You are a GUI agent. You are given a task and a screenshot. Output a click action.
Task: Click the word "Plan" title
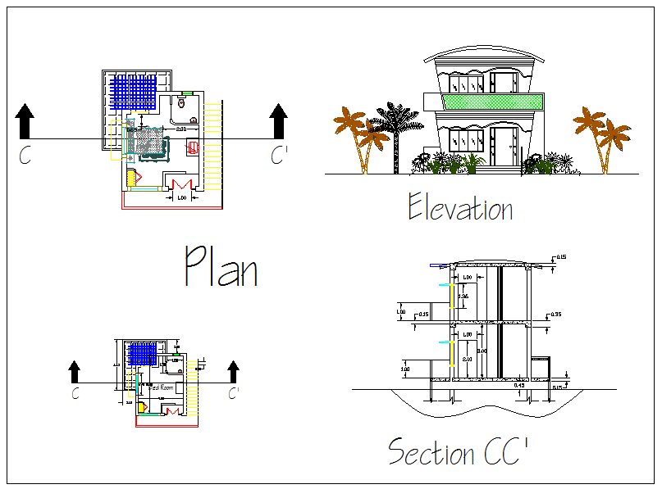pos(221,266)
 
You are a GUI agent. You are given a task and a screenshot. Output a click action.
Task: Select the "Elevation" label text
pos(460,209)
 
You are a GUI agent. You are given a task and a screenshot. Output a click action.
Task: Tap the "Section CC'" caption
pos(458,451)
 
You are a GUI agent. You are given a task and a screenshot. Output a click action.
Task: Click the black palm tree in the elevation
pos(397,131)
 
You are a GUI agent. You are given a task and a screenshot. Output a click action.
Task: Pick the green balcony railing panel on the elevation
pos(492,102)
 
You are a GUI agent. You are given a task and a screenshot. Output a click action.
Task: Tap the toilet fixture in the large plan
pos(182,103)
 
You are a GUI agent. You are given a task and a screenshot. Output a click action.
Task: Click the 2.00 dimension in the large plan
pos(181,129)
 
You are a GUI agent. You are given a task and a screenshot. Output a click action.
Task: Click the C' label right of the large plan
pos(280,156)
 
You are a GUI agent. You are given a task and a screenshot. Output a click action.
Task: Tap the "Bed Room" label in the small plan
pos(162,387)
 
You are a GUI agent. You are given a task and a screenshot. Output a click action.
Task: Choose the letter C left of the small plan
pos(75,395)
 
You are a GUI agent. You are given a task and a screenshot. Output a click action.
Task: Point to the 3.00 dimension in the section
pos(484,351)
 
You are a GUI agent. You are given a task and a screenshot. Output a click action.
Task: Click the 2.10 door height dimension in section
pos(467,358)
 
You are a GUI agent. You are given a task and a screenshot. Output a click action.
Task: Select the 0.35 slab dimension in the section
pos(556,315)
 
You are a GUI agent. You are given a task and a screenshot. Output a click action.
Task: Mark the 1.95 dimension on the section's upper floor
pos(463,297)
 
